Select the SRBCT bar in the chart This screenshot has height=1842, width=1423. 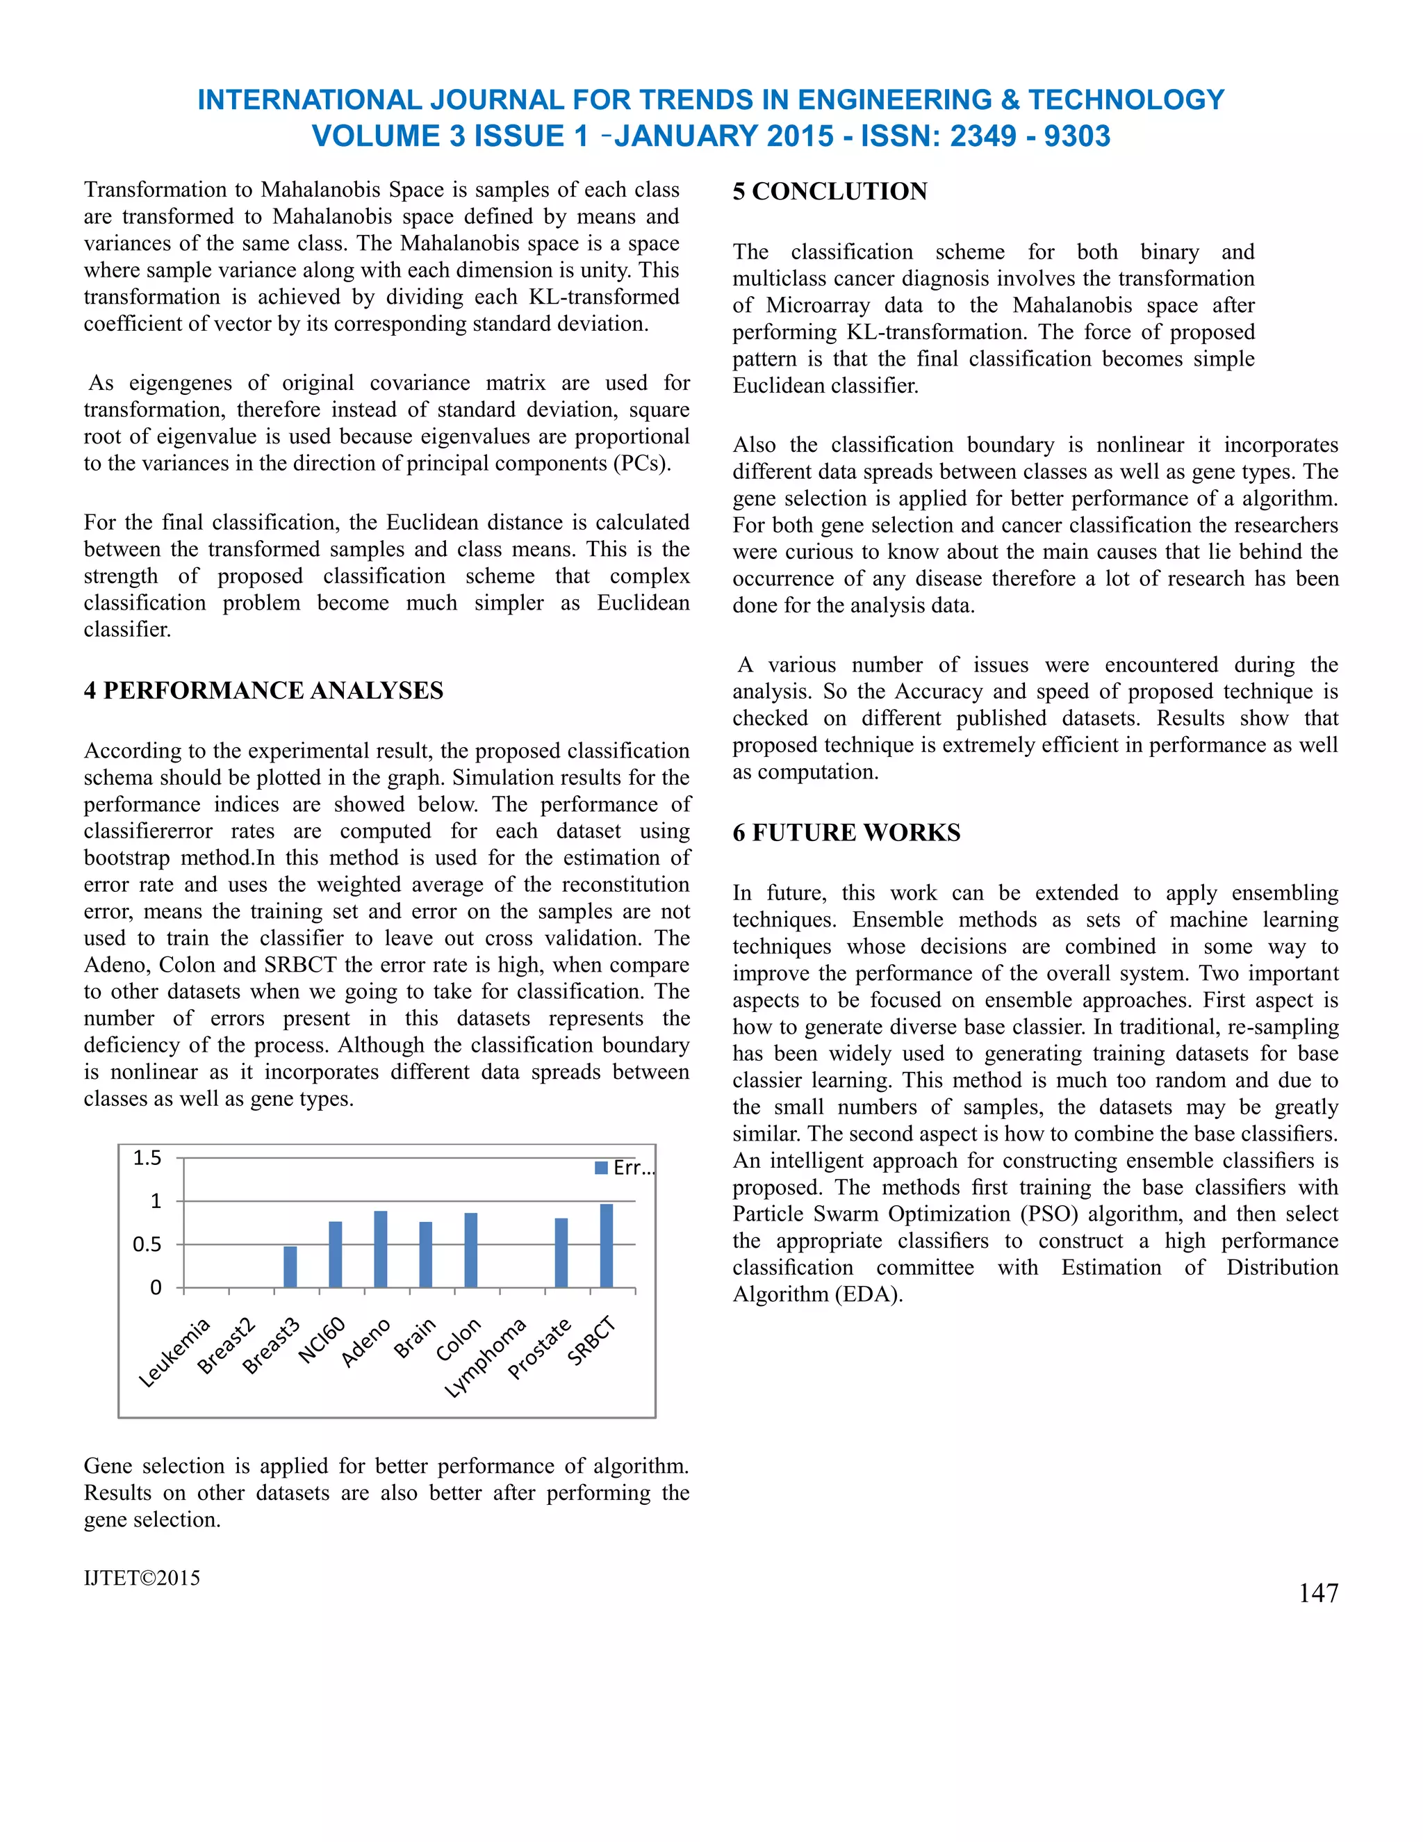pos(606,1246)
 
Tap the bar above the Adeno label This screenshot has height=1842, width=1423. pos(380,1249)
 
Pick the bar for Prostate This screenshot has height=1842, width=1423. pos(561,1253)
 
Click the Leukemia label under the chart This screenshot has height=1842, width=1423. pos(174,1353)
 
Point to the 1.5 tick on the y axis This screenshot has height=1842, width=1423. pos(147,1158)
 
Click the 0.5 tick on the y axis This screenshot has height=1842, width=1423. pos(147,1245)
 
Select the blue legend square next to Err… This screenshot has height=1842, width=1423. pos(601,1168)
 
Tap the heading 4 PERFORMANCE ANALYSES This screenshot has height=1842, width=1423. pos(263,691)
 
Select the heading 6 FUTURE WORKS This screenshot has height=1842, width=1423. pos(846,833)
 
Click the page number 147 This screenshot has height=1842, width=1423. pos(1319,1593)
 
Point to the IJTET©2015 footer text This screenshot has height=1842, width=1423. pos(142,1578)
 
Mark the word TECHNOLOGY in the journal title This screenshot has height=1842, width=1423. pos(1126,99)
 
